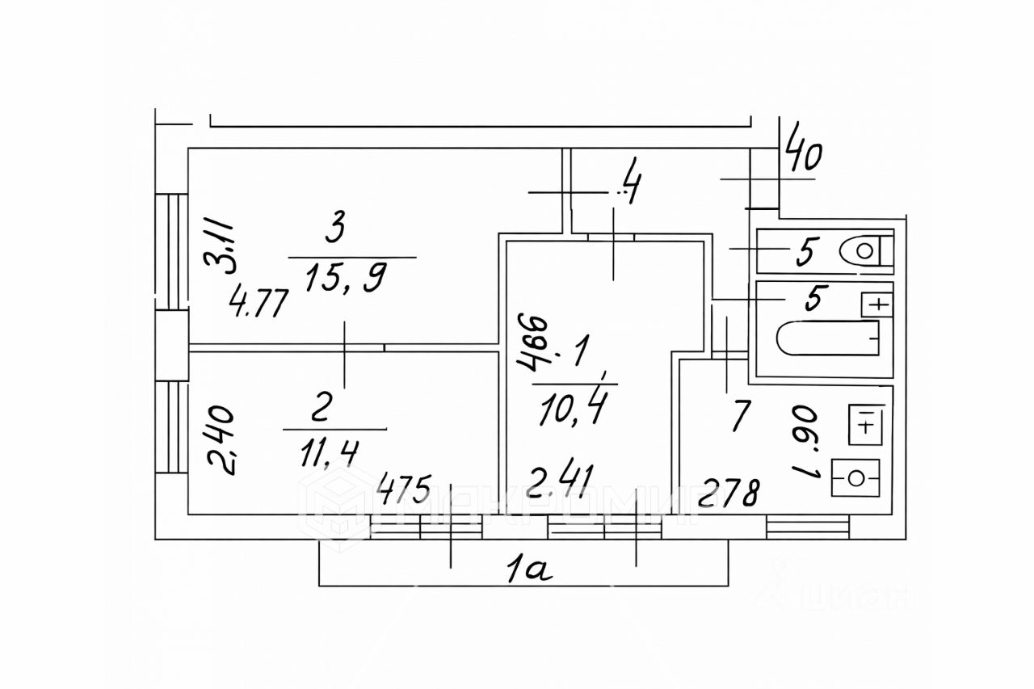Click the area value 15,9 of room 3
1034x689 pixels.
(x=346, y=279)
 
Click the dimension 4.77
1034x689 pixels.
(x=259, y=307)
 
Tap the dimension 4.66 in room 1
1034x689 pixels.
(x=534, y=342)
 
